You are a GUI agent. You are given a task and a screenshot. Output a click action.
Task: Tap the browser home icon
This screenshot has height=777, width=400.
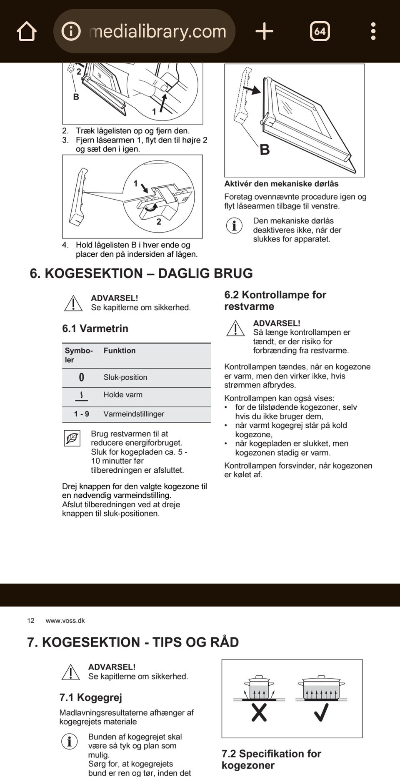pyautogui.click(x=27, y=31)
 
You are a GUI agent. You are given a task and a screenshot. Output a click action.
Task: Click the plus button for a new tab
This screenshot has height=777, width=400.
pyautogui.click(x=264, y=31)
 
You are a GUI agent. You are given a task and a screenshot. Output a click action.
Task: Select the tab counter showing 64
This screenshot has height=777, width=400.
pyautogui.click(x=320, y=31)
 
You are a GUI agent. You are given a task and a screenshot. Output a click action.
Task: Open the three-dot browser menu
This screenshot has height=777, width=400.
pyautogui.click(x=373, y=31)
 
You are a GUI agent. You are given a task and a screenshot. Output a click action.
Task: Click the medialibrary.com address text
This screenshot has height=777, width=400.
pyautogui.click(x=157, y=31)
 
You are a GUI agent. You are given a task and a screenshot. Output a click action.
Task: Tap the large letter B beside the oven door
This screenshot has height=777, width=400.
pyautogui.click(x=265, y=150)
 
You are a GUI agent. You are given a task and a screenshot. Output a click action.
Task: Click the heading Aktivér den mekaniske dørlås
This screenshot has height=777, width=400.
pyautogui.click(x=281, y=184)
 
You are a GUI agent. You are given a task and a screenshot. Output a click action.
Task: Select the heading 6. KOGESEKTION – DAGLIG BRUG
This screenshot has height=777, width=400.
pyautogui.click(x=141, y=273)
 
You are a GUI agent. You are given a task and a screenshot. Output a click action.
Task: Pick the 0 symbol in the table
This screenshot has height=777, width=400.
pyautogui.click(x=81, y=377)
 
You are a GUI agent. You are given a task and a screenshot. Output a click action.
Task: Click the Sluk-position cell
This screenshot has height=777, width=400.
pyautogui.click(x=125, y=377)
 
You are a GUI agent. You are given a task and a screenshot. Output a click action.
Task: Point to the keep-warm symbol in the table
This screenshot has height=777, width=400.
pyautogui.click(x=81, y=396)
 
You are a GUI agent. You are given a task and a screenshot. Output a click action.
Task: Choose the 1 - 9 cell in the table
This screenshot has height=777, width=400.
pyautogui.click(x=81, y=414)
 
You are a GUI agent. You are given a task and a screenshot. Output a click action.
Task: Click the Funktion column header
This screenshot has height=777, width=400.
pyautogui.click(x=120, y=351)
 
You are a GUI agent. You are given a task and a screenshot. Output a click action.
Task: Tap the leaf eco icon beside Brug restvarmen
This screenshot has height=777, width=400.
pyautogui.click(x=72, y=439)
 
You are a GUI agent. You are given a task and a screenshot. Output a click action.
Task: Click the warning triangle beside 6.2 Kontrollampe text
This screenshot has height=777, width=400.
pyautogui.click(x=235, y=328)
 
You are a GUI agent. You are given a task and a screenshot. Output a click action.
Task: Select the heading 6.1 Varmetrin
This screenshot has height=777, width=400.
pyautogui.click(x=95, y=328)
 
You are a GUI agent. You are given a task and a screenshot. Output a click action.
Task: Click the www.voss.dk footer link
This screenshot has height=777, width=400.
pyautogui.click(x=65, y=621)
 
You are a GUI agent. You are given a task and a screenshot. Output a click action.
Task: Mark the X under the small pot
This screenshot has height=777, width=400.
pyautogui.click(x=259, y=713)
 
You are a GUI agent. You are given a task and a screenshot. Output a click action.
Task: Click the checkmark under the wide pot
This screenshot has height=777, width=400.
pyautogui.click(x=321, y=712)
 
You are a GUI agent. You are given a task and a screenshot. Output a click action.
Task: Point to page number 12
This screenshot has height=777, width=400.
pyautogui.click(x=31, y=621)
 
